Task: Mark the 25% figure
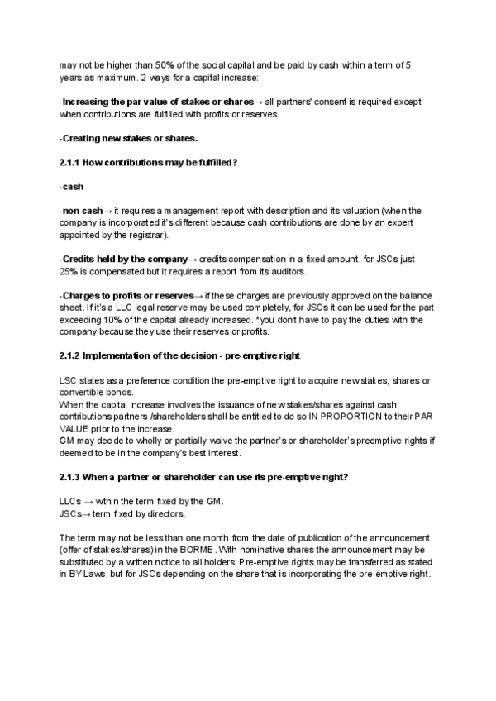pos(69,271)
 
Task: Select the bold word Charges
pos(83,296)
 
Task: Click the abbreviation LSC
pos(69,381)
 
